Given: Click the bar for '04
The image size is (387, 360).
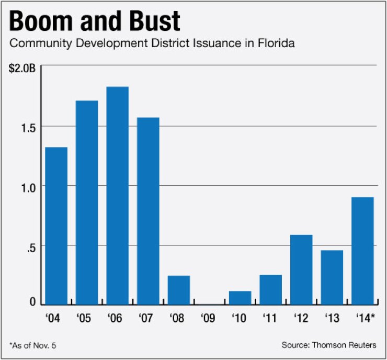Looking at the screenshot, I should pos(56,226).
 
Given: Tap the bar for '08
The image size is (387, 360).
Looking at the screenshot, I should pos(179,290).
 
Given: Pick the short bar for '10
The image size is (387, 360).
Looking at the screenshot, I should pos(240,298).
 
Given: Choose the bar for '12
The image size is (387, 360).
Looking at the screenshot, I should pos(301,269).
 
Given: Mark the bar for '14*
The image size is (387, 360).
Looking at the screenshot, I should pos(362,251).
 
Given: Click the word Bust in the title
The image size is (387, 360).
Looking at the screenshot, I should pos(152,21).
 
